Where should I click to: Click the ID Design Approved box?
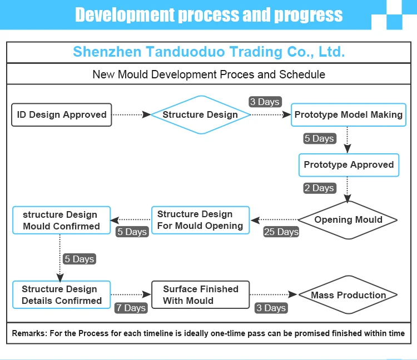coord(62,115)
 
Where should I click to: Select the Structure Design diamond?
coord(200,115)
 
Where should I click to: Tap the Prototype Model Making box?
coord(348,115)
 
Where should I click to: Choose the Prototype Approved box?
coord(348,164)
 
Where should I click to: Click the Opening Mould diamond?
coord(348,219)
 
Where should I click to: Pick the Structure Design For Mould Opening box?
coord(200,220)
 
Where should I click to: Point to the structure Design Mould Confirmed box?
coord(61,220)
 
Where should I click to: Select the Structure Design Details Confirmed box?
coord(61,294)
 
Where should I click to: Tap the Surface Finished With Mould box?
coord(200,294)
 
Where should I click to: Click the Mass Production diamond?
coord(348,295)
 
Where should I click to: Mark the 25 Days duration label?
coord(281,232)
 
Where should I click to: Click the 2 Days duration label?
coord(319,188)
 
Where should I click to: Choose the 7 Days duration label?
coord(131,308)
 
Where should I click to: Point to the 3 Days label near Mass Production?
coord(271,308)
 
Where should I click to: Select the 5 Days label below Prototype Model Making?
coord(319,138)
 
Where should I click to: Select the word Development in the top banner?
coord(123,15)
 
